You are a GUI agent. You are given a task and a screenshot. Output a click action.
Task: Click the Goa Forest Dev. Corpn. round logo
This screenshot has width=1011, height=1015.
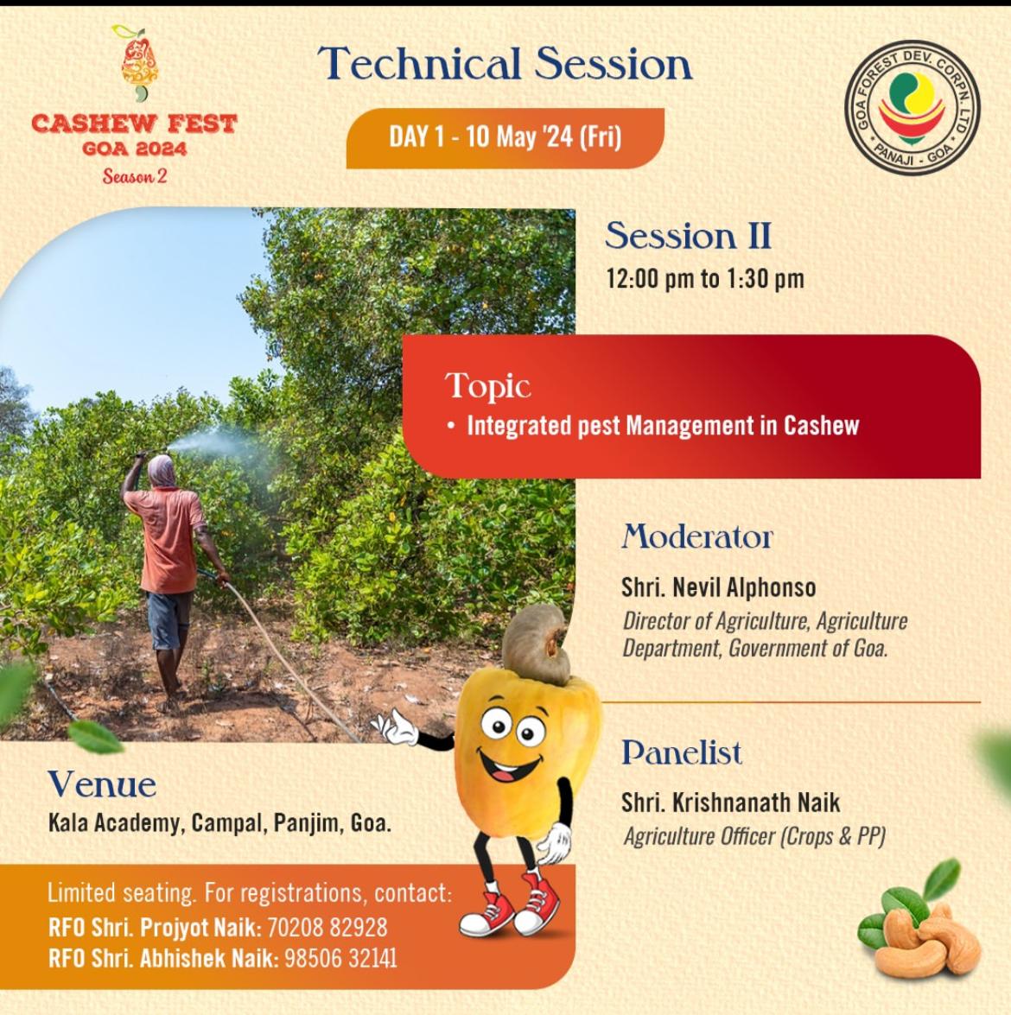(x=912, y=107)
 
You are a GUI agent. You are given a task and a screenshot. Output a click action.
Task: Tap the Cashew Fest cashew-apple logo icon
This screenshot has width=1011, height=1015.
(x=138, y=63)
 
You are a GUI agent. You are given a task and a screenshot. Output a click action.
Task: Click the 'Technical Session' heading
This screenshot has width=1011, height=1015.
(x=505, y=63)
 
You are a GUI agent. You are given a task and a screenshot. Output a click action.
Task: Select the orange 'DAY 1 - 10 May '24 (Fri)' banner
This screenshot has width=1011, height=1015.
(x=505, y=138)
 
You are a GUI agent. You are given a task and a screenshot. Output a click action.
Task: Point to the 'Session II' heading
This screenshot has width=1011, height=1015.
(x=688, y=236)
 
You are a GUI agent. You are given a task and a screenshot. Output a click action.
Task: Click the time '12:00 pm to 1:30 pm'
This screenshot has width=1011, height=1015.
(x=705, y=279)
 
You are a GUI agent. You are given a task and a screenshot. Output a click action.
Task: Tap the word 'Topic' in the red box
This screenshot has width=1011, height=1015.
(x=487, y=386)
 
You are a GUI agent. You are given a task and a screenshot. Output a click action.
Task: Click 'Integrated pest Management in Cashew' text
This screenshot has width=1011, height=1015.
(x=663, y=426)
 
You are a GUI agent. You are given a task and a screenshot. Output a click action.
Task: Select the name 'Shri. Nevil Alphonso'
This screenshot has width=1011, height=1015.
(x=718, y=587)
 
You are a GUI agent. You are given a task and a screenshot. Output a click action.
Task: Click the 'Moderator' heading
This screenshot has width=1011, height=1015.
(x=697, y=536)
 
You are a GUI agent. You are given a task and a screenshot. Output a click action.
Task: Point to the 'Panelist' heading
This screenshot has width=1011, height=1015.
(x=682, y=752)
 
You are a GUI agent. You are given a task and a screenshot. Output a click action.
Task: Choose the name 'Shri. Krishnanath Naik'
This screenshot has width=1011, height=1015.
(x=730, y=802)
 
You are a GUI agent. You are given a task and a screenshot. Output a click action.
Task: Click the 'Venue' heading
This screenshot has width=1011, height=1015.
(x=102, y=784)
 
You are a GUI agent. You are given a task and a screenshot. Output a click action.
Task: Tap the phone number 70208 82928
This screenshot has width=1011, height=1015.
(x=327, y=928)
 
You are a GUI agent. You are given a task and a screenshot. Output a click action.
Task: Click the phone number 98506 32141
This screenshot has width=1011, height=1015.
(x=340, y=959)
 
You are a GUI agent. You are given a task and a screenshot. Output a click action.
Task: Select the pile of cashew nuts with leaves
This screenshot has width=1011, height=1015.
(x=919, y=919)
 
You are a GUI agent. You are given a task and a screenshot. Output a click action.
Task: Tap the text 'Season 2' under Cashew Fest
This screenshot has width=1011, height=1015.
(x=135, y=176)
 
